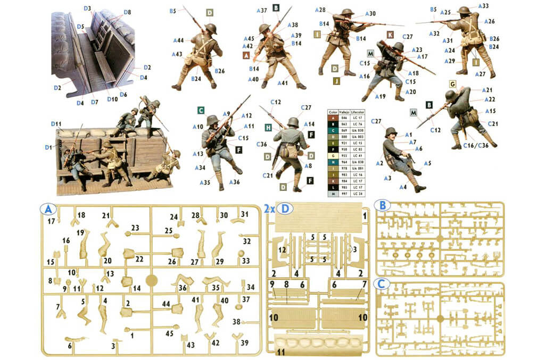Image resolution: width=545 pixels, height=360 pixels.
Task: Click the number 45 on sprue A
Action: (x=169, y=333)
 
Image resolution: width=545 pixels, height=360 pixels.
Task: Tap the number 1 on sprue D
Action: (x=365, y=216)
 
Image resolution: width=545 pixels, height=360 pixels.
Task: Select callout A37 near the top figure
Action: (x=262, y=10)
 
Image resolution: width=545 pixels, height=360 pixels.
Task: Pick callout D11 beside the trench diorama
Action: (x=57, y=124)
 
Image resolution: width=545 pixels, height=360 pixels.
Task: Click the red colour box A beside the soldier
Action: (x=246, y=55)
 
